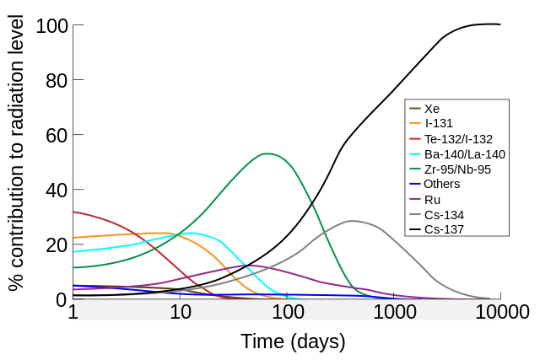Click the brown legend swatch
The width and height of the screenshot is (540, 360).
click(x=415, y=108)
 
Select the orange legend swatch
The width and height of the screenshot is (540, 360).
click(x=415, y=123)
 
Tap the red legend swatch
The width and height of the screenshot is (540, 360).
click(x=415, y=138)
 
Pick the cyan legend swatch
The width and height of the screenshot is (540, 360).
click(x=415, y=153)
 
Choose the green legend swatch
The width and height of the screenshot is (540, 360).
click(x=415, y=169)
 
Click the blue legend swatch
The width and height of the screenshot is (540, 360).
click(x=415, y=184)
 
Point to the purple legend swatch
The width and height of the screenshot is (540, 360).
click(x=415, y=199)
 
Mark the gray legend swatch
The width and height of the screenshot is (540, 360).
click(x=415, y=214)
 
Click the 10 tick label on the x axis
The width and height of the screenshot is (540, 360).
click(x=181, y=312)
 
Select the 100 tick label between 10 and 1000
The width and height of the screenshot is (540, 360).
click(x=288, y=312)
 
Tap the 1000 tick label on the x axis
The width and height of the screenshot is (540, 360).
click(x=395, y=312)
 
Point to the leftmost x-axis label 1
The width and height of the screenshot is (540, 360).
click(x=74, y=312)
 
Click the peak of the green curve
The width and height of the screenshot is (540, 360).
click(x=267, y=153)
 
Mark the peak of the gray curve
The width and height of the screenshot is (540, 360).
click(x=353, y=221)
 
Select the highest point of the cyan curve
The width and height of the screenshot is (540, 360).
click(x=192, y=233)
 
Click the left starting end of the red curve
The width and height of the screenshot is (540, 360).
click(x=74, y=212)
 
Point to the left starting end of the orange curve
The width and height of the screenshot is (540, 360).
click(x=74, y=237)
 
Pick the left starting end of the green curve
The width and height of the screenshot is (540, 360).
click(x=74, y=267)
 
